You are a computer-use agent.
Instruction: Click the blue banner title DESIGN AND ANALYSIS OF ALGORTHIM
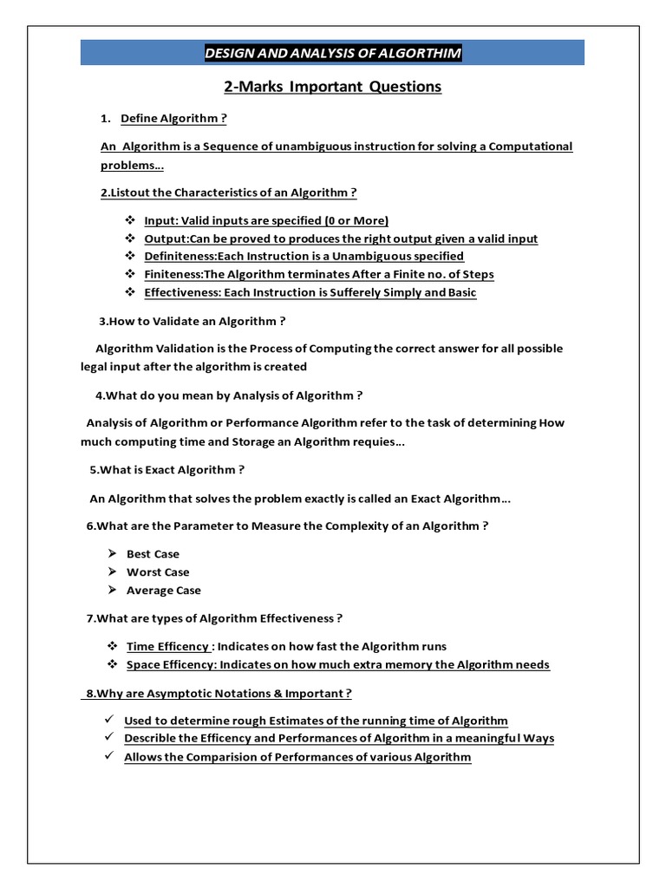click(x=333, y=54)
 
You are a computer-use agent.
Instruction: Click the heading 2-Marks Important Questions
click(x=333, y=87)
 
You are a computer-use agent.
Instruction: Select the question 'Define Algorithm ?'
click(x=173, y=118)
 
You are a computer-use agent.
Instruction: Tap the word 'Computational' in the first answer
click(x=531, y=146)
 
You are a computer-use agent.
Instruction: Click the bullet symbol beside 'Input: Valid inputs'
click(x=130, y=220)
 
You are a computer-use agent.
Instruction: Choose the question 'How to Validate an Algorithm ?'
click(x=192, y=321)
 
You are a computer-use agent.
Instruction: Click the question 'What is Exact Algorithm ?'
click(x=167, y=470)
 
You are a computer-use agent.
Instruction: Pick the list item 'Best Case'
click(x=153, y=554)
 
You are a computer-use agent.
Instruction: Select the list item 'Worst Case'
click(x=158, y=572)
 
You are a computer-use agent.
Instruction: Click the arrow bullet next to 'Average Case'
click(x=112, y=591)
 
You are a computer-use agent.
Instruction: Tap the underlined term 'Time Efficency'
click(x=167, y=646)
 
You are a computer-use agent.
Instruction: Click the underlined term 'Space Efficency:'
click(x=172, y=665)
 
